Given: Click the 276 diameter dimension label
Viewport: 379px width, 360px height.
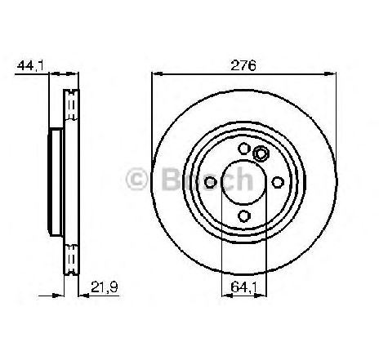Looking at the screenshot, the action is [x=243, y=65].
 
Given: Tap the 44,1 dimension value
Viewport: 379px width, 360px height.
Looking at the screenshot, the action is [x=30, y=66].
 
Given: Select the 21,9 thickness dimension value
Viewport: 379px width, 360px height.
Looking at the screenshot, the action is [x=104, y=287].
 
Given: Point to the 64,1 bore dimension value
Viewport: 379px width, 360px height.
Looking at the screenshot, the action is [x=244, y=287].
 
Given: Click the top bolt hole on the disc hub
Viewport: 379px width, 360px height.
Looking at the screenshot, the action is [x=244, y=149].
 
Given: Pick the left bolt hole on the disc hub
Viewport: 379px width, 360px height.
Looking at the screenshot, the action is [x=210, y=182].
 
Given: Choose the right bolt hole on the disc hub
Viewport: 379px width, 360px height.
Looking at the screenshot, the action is [x=278, y=182].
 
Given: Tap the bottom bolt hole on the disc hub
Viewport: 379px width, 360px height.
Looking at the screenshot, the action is [x=244, y=216].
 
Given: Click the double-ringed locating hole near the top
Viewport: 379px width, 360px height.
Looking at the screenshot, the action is [x=261, y=153].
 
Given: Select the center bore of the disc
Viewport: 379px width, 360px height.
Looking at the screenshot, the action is [x=244, y=182].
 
